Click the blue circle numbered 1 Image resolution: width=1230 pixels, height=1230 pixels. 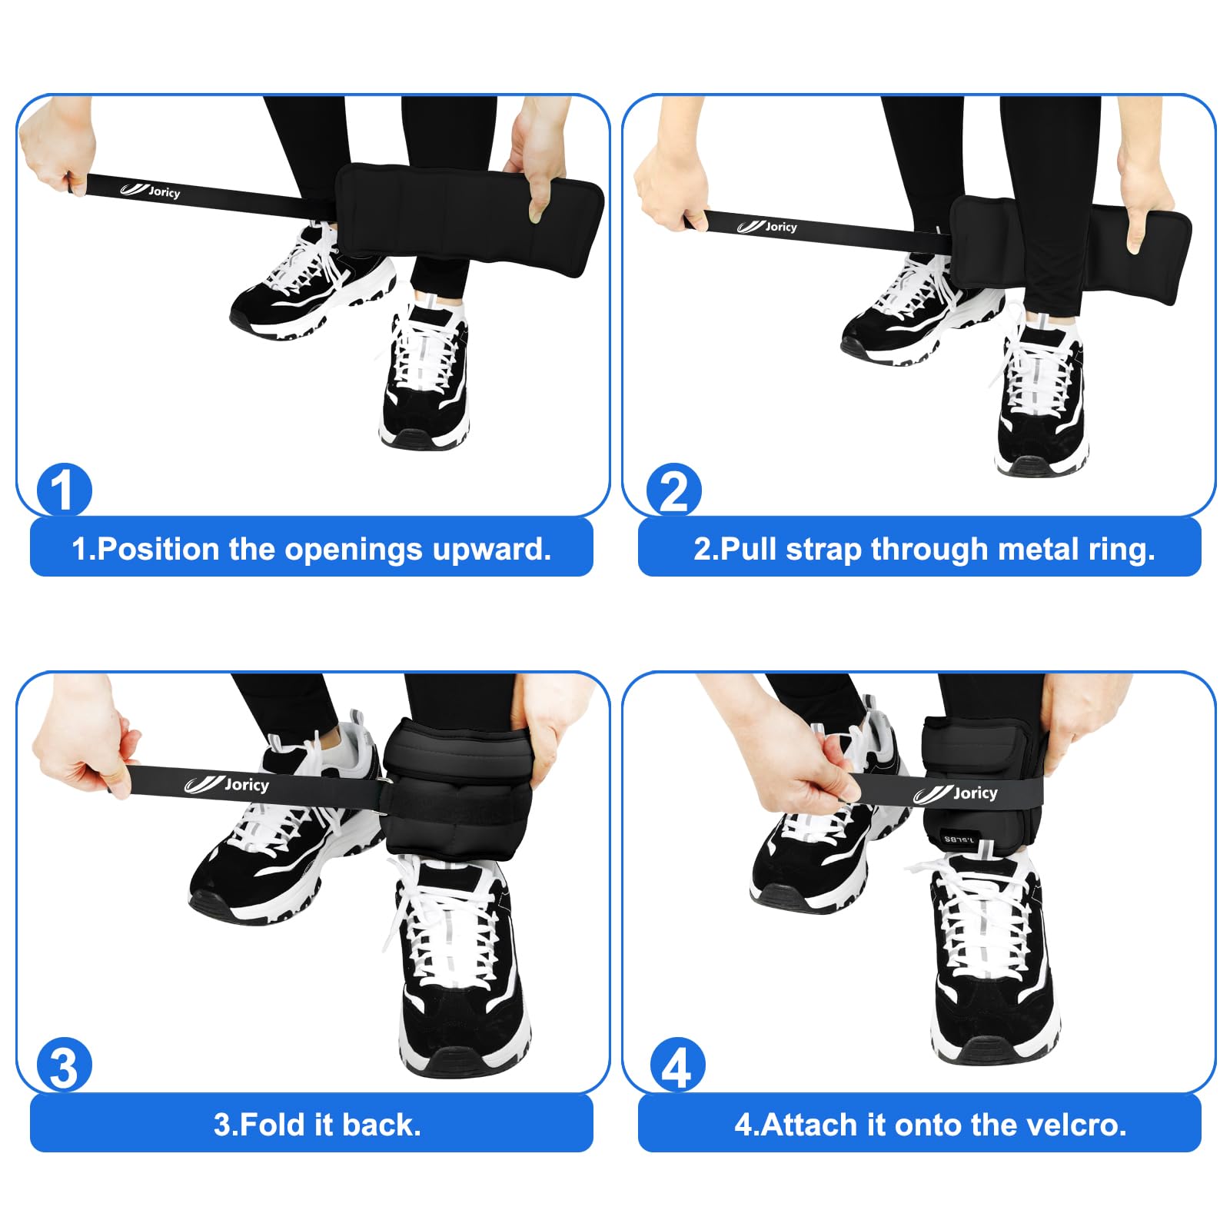click(64, 490)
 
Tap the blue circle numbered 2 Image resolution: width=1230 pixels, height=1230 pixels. click(673, 490)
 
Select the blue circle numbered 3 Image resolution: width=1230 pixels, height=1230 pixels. click(64, 1065)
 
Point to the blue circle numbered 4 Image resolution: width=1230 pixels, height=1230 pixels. click(676, 1065)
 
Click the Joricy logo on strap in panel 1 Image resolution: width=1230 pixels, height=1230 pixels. click(151, 190)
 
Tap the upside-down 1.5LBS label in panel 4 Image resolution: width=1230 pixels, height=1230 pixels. click(959, 839)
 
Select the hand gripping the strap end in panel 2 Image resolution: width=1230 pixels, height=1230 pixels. click(670, 188)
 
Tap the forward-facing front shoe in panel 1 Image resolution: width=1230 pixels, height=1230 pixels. click(425, 377)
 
